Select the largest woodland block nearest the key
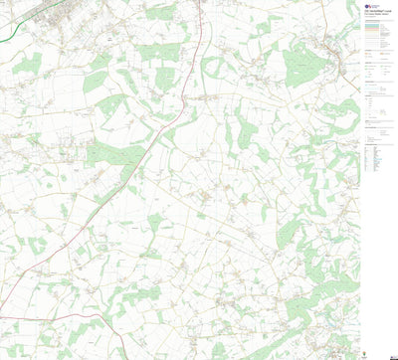pos(299,66)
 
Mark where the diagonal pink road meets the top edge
pos(201,1)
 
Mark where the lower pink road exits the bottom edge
pos(123,358)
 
